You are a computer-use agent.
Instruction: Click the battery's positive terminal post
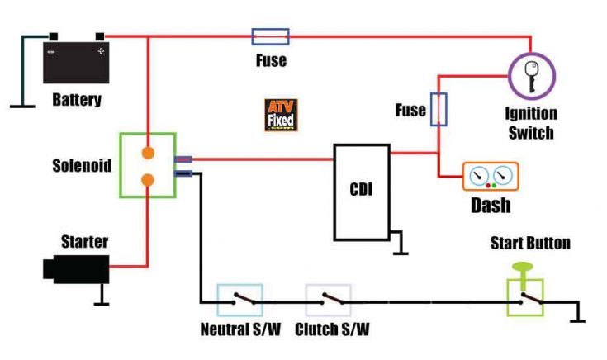100,37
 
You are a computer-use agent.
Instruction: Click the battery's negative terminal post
54,37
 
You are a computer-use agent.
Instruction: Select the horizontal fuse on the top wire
270,37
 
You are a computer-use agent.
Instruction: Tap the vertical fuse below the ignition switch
439,109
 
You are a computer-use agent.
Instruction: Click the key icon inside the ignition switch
532,77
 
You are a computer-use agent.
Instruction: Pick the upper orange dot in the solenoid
148,153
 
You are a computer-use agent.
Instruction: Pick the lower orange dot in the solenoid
148,180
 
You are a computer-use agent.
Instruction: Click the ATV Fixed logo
281,115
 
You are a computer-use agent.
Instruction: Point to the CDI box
362,192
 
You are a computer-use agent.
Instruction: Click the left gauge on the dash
479,175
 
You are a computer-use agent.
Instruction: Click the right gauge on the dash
503,175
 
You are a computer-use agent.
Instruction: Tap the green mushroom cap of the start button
523,267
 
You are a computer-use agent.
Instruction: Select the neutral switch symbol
240,301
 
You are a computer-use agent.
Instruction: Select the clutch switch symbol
329,301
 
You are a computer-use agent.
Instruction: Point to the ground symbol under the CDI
398,243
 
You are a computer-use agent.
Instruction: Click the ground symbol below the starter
102,295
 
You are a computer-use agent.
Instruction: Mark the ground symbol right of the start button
577,312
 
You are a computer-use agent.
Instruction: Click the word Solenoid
82,166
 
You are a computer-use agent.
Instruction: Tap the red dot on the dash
488,186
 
